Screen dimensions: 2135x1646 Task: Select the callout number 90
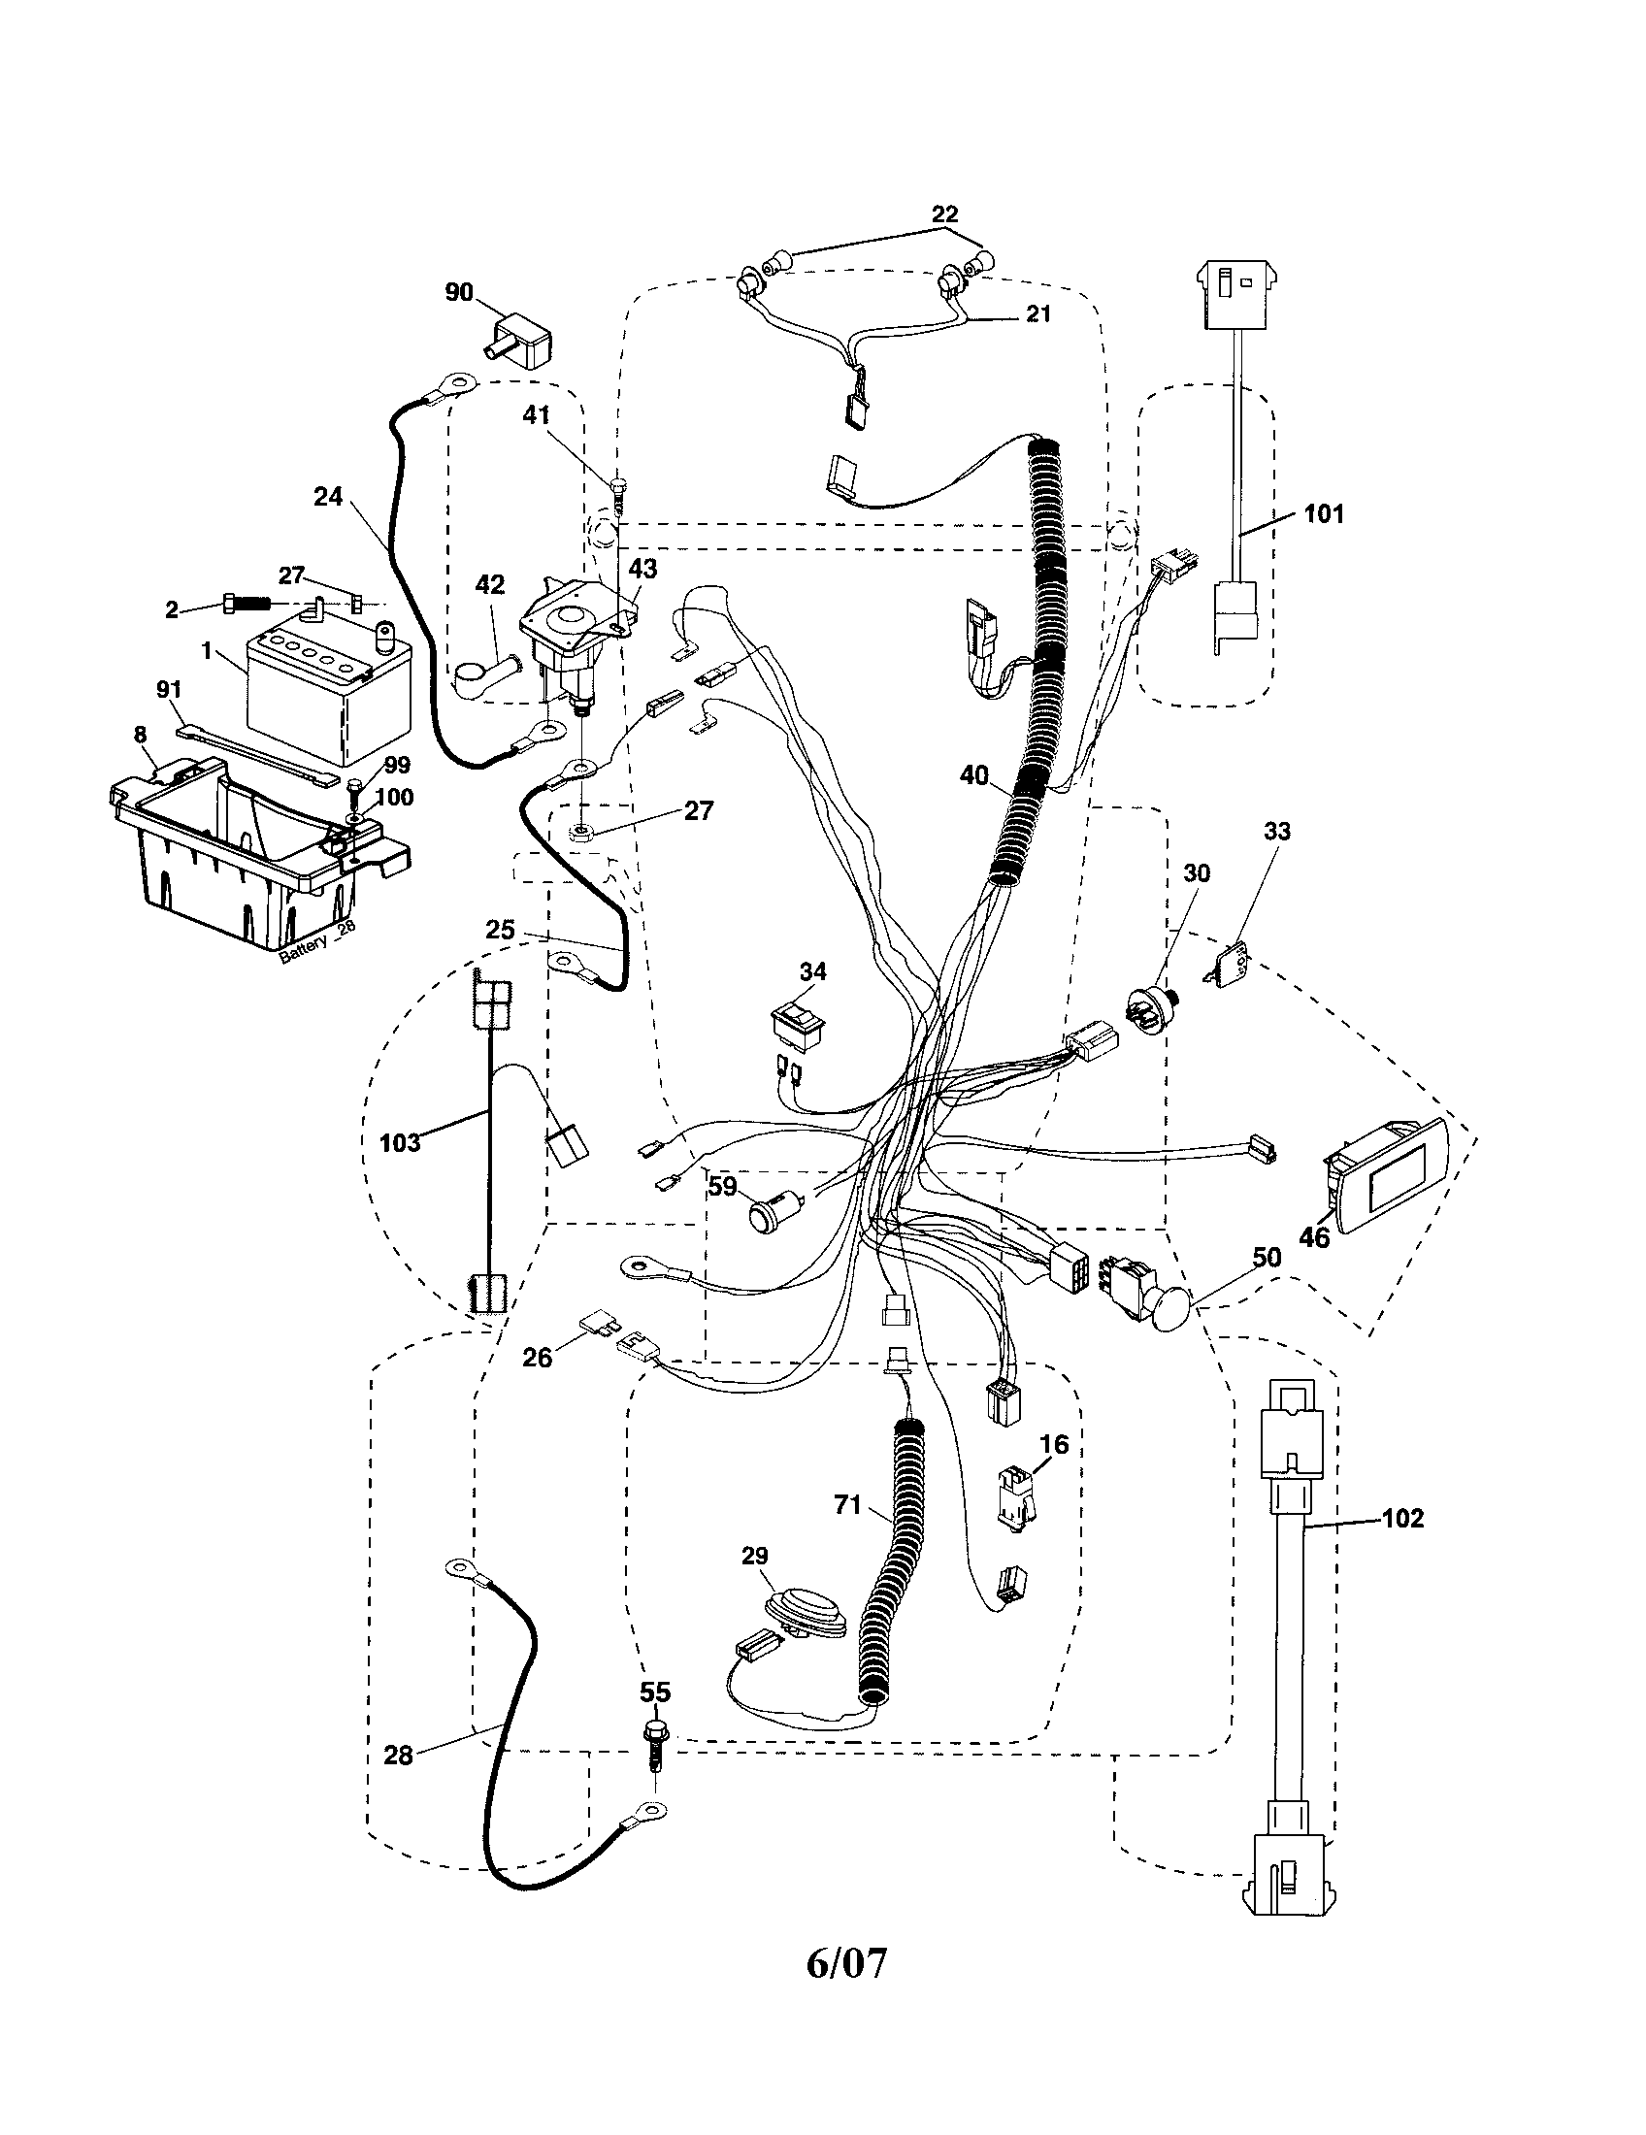pyautogui.click(x=459, y=292)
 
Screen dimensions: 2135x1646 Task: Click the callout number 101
pyautogui.click(x=1325, y=513)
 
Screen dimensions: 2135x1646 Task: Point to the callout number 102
pyautogui.click(x=1402, y=1518)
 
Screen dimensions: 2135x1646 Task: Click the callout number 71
pyautogui.click(x=847, y=1505)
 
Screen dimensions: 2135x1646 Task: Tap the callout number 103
pyautogui.click(x=400, y=1142)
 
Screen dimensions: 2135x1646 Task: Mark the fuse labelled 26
pyautogui.click(x=597, y=1324)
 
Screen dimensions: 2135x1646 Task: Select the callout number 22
pyautogui.click(x=944, y=214)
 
